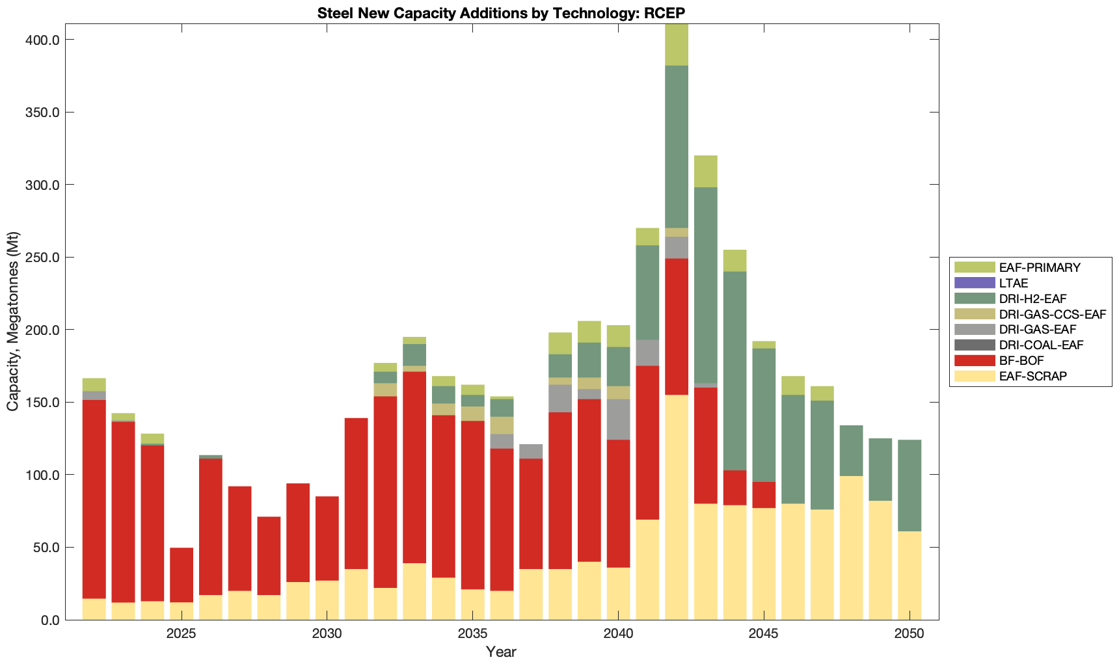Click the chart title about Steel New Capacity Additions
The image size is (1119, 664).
[501, 13]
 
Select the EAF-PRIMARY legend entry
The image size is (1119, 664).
[1040, 267]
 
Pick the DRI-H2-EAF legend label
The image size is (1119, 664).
[1032, 299]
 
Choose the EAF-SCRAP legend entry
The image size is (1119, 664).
[1032, 376]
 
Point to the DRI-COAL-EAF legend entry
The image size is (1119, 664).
[1041, 345]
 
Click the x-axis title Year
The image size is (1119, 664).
[501, 652]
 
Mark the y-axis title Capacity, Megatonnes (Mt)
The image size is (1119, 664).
[13, 321]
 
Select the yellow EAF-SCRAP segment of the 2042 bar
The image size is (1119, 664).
[677, 507]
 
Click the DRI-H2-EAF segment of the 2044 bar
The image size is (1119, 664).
[735, 371]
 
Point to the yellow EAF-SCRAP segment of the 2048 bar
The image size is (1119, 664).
[851, 548]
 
